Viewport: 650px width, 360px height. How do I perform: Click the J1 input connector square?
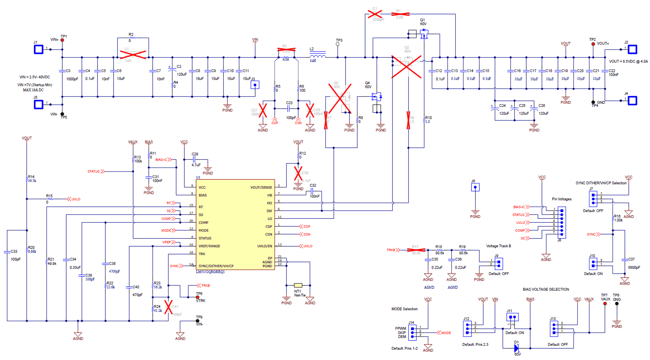tap(38, 49)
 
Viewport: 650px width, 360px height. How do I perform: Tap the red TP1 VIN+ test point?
tap(62, 40)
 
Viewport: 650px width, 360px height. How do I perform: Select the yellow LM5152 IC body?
tap(235, 224)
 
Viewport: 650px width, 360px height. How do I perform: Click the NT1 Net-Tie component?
tap(298, 285)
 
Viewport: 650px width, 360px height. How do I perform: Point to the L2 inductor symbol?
tap(317, 56)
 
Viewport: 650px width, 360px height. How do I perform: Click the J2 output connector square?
tap(632, 49)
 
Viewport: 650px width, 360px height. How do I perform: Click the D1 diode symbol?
tap(517, 348)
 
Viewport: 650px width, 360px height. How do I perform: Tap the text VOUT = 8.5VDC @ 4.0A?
tap(628, 61)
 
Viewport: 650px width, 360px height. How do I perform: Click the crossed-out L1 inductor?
tap(133, 55)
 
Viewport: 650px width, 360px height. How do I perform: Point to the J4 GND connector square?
tap(632, 100)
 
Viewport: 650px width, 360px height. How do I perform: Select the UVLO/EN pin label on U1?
tap(265, 246)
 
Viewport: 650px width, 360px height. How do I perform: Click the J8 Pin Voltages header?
tap(562, 223)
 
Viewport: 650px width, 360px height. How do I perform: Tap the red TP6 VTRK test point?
tap(198, 297)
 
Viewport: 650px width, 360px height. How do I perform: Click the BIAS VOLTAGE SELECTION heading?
tap(546, 289)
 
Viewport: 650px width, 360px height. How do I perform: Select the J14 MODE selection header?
tap(412, 332)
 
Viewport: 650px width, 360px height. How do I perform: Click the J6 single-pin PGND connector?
tap(475, 188)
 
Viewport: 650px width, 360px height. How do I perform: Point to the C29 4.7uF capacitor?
tap(194, 160)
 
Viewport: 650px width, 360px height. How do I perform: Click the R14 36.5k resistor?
tap(27, 180)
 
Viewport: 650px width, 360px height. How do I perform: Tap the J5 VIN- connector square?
tap(38, 105)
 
